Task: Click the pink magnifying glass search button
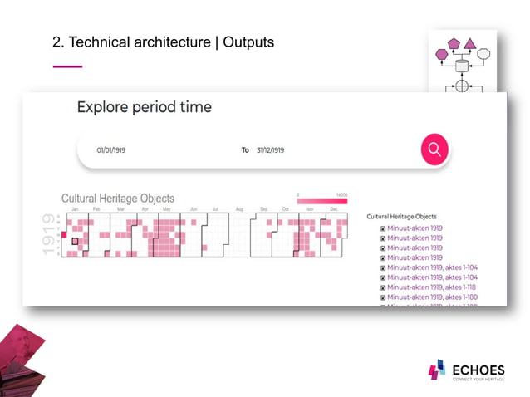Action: coord(434,149)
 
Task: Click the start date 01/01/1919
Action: coord(110,150)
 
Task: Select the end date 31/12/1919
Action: coord(270,150)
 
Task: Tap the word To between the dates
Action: coord(245,150)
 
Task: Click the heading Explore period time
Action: coord(144,107)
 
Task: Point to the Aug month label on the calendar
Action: coord(239,209)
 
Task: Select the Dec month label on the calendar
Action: coord(334,209)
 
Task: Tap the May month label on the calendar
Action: coord(167,209)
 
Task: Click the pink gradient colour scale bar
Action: coord(322,201)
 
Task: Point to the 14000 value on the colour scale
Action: coord(341,194)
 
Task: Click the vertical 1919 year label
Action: coord(51,235)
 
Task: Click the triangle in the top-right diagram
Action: coord(469,42)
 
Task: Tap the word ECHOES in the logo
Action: coord(478,369)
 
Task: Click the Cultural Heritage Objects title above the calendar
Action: coord(118,198)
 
